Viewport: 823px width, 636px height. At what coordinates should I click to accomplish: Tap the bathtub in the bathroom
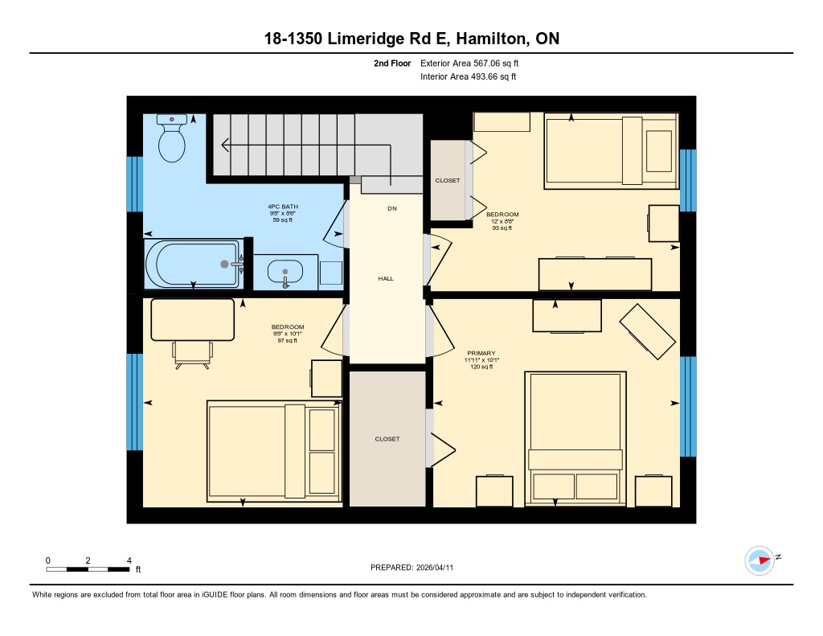pos(193,263)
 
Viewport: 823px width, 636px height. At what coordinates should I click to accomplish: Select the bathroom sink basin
pos(285,272)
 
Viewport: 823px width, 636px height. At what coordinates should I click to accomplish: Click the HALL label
pos(386,278)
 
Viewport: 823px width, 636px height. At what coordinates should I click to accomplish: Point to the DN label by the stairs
pos(391,208)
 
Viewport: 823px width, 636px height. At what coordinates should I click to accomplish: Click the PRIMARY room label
pos(481,353)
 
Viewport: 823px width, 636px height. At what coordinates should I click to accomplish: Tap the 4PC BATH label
pos(283,207)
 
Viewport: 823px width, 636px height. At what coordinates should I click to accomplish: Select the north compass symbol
pos(760,560)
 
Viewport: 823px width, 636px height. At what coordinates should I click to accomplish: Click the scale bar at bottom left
pos(88,569)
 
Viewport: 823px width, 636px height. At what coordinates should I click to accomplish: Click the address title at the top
pos(411,39)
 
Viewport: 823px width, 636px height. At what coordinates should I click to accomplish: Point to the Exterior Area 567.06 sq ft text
pos(475,63)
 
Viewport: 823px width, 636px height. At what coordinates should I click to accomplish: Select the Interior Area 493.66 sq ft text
pos(468,77)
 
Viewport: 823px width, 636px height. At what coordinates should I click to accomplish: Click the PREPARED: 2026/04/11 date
pos(411,567)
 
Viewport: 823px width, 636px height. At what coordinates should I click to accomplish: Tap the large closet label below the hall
pos(387,439)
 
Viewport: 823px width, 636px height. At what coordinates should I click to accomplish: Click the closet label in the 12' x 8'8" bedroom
pos(448,181)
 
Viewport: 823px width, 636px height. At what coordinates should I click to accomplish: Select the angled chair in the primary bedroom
pos(647,331)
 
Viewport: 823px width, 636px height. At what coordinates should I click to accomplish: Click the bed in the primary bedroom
pos(575,438)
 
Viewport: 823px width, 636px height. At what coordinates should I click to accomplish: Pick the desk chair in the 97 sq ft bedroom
pos(193,352)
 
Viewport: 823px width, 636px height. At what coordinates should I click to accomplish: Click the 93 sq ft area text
pos(502,228)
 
